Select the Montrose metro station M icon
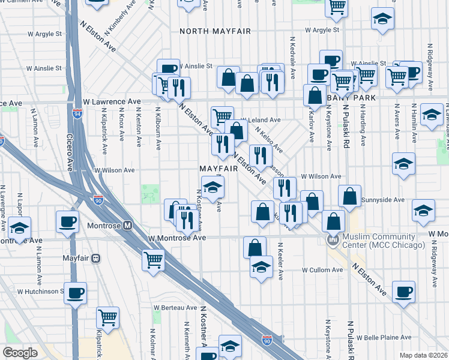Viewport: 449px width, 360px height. pyautogui.click(x=127, y=226)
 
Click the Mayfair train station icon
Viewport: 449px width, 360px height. pyautogui.click(x=95, y=259)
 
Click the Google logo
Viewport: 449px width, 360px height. pyautogui.click(x=20, y=352)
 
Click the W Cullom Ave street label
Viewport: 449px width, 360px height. pyautogui.click(x=322, y=270)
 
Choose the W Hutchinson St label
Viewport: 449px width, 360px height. pyautogui.click(x=40, y=292)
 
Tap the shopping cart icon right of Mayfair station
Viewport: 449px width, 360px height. pyautogui.click(x=154, y=259)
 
